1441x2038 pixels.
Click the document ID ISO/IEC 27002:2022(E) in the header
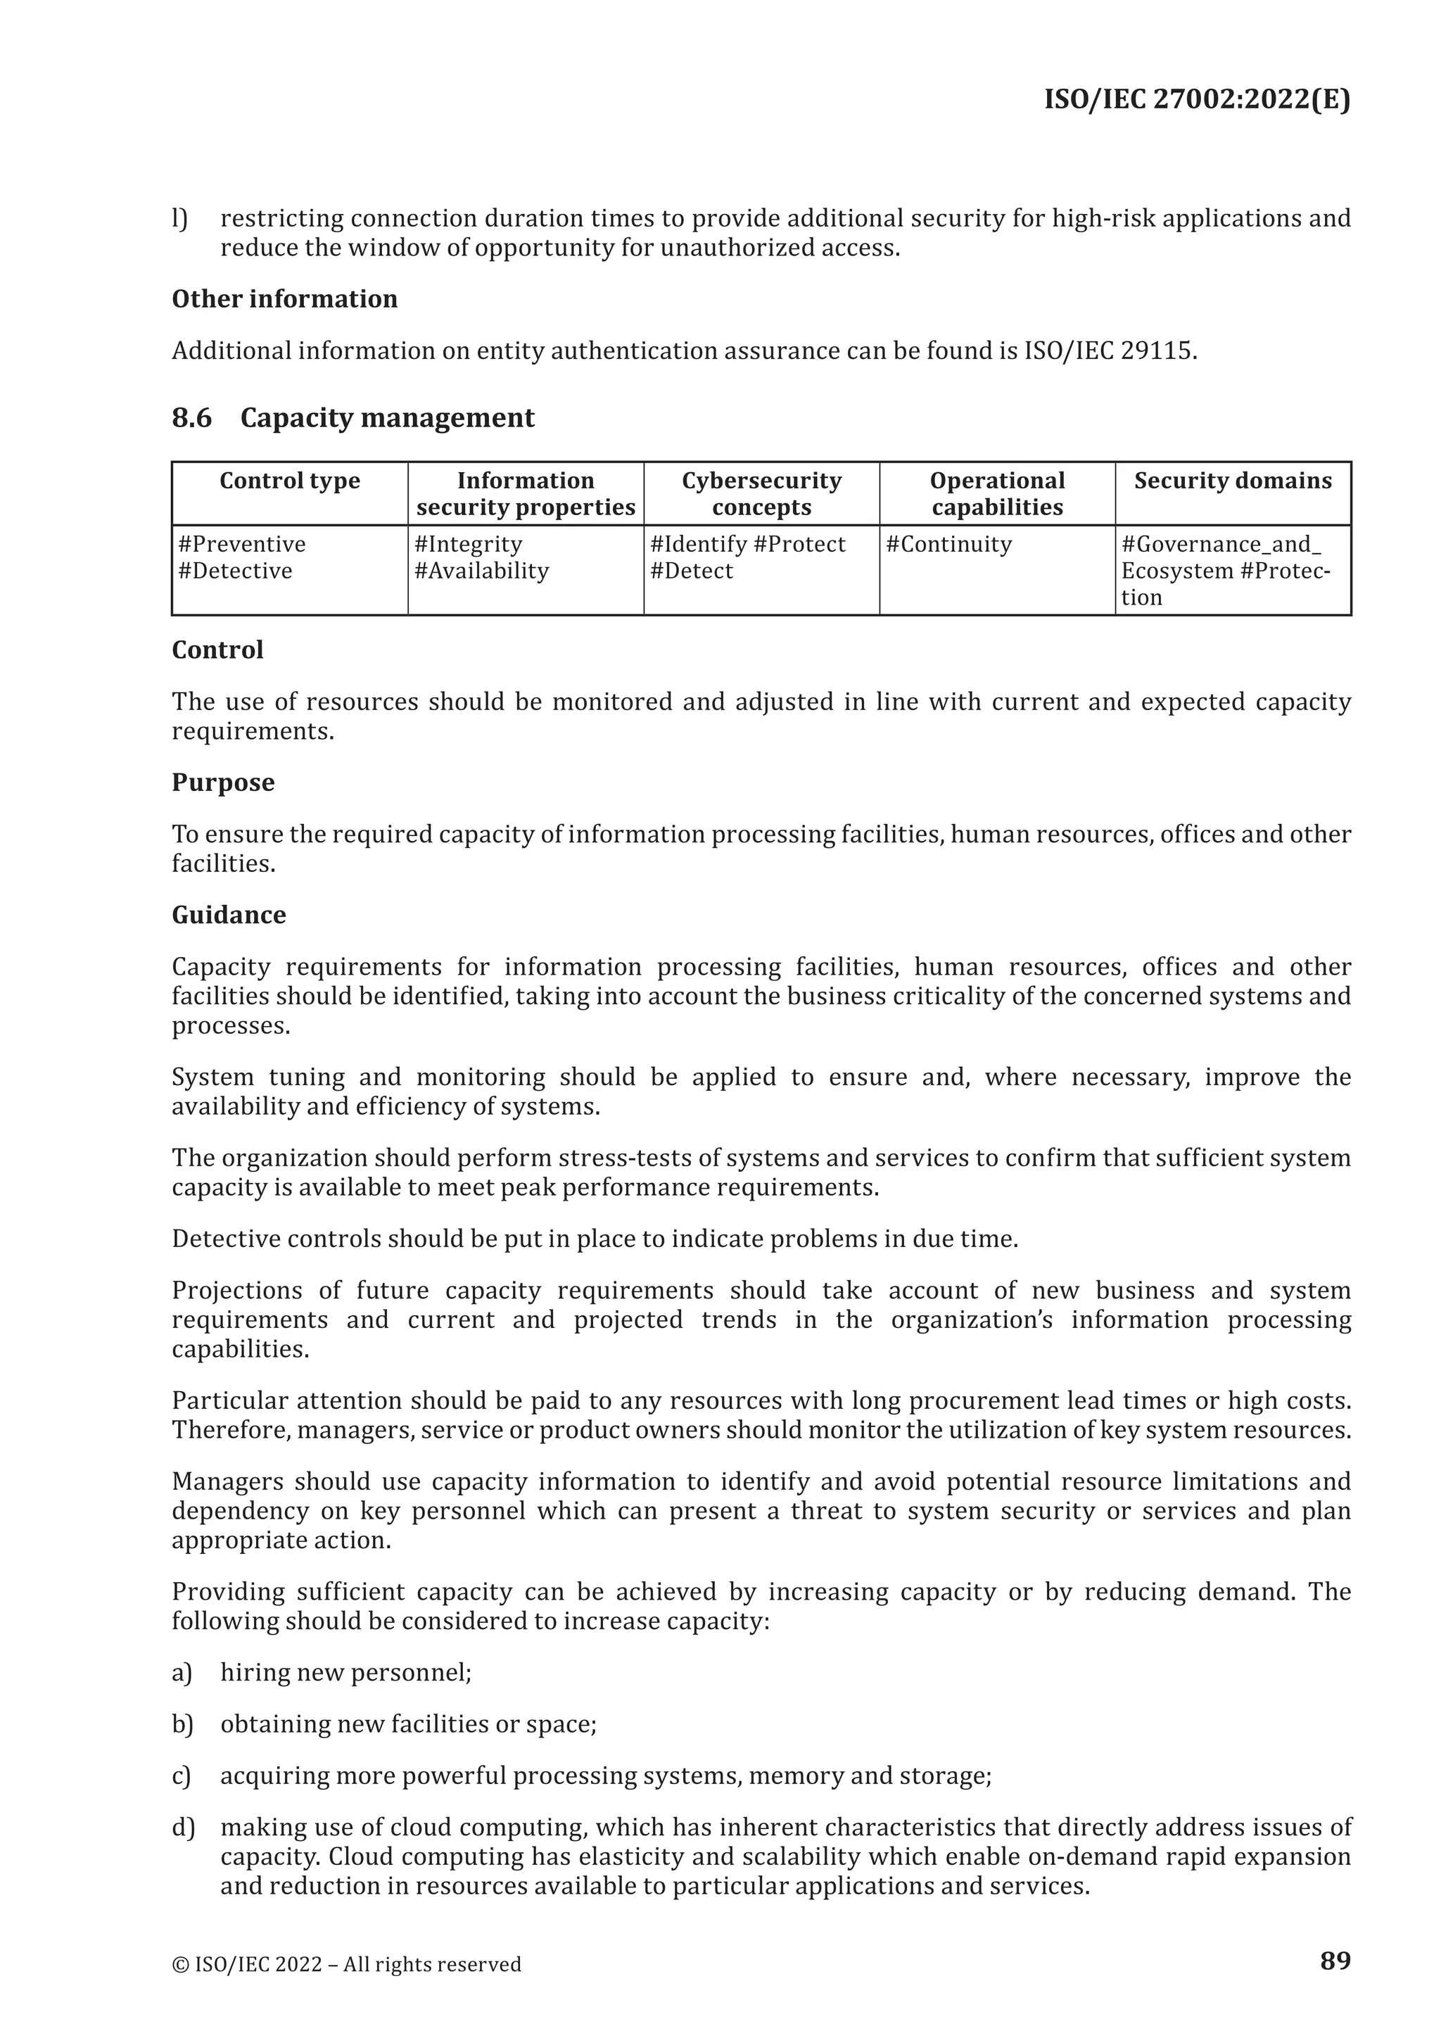pos(1196,99)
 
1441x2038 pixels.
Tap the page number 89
pos(1335,1960)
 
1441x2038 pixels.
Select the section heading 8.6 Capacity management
pos(353,417)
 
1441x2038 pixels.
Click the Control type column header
pos(289,481)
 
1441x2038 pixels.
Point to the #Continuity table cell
pos(948,544)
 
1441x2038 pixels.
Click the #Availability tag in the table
pos(481,571)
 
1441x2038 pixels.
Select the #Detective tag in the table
pos(234,571)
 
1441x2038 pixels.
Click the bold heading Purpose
pos(223,782)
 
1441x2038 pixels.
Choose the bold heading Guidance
pos(228,914)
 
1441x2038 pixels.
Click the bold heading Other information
pos(284,298)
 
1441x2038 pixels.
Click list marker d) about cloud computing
pos(182,1828)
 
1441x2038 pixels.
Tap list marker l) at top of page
pos(179,218)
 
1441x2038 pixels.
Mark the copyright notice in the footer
pos(346,1964)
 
